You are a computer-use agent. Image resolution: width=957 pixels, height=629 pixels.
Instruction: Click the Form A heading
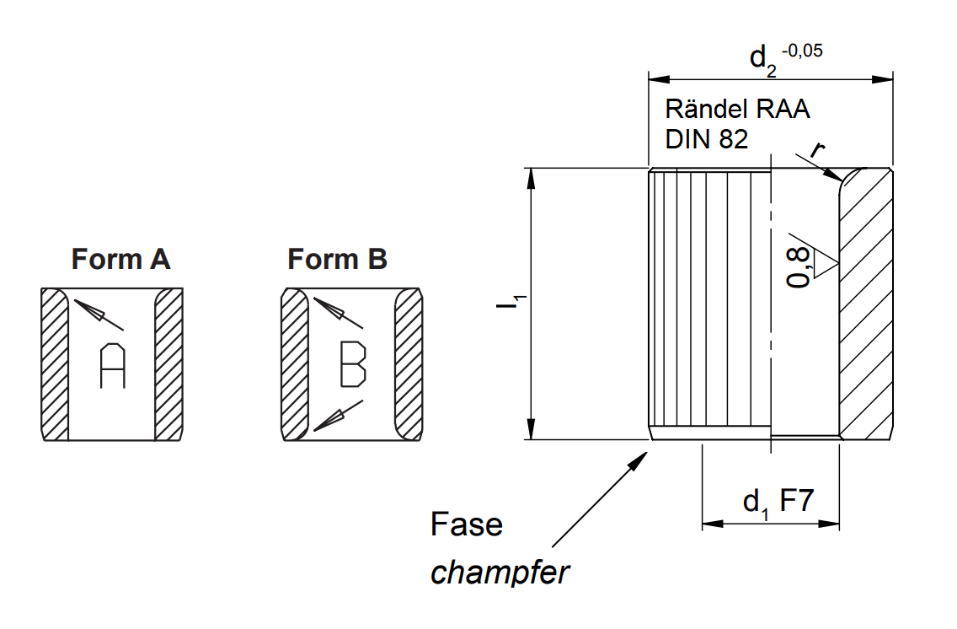click(x=120, y=259)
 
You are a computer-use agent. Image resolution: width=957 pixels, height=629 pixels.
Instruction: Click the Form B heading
click(x=337, y=259)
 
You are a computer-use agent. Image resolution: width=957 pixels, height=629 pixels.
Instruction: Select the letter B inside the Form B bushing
click(x=352, y=364)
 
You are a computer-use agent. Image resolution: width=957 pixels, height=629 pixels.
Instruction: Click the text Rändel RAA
click(x=737, y=109)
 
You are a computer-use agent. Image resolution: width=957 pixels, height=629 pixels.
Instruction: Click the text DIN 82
click(x=706, y=139)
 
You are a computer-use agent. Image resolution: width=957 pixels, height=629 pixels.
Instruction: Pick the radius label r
click(x=817, y=149)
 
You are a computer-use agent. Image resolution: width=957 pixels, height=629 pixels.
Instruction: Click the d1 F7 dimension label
click(x=777, y=503)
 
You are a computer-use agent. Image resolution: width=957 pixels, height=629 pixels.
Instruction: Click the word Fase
click(x=466, y=524)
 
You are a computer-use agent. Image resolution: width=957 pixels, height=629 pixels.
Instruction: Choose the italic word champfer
click(x=500, y=573)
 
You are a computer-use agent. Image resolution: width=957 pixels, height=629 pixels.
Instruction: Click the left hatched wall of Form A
click(x=55, y=364)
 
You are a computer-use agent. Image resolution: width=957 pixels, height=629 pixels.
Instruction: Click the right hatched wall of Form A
click(x=168, y=364)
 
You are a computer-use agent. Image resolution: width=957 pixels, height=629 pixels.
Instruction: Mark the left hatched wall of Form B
click(x=294, y=364)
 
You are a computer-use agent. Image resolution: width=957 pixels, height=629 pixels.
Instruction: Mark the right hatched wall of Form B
click(x=408, y=364)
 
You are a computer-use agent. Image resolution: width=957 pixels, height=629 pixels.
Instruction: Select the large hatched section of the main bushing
click(x=866, y=304)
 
